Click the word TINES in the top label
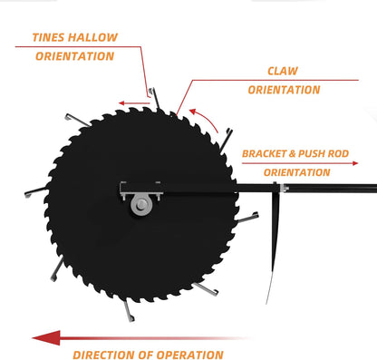(x=51, y=38)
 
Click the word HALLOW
(x=95, y=38)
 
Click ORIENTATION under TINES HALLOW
(x=74, y=56)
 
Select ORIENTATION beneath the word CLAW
(x=283, y=90)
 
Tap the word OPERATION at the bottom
(x=189, y=355)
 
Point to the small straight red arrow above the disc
(x=133, y=102)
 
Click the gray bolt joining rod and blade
(x=283, y=189)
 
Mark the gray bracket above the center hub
(x=140, y=188)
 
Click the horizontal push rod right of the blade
(x=335, y=189)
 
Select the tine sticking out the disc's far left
(x=34, y=190)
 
